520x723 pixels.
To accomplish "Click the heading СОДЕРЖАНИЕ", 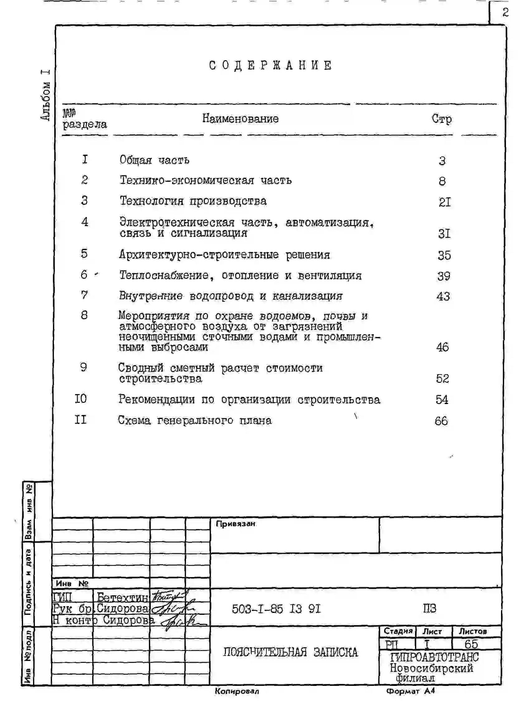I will tap(270, 65).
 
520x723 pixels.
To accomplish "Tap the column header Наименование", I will tap(240, 118).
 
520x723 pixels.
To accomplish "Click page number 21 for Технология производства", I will tap(445, 202).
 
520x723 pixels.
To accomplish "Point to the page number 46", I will tap(442, 347).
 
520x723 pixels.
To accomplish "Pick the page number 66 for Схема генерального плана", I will tap(441, 421).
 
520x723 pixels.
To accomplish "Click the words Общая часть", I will tap(155, 160).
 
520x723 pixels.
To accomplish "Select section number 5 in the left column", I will tap(84, 253).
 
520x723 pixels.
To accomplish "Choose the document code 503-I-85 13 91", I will tap(276, 609).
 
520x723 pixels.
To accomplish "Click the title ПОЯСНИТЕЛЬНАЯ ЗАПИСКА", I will tap(290, 652).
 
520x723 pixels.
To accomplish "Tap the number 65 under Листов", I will tap(471, 644).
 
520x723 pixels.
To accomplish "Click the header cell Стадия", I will tap(398, 631).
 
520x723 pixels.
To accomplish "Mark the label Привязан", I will tap(236, 524).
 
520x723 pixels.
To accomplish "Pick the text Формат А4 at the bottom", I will tap(410, 691).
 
